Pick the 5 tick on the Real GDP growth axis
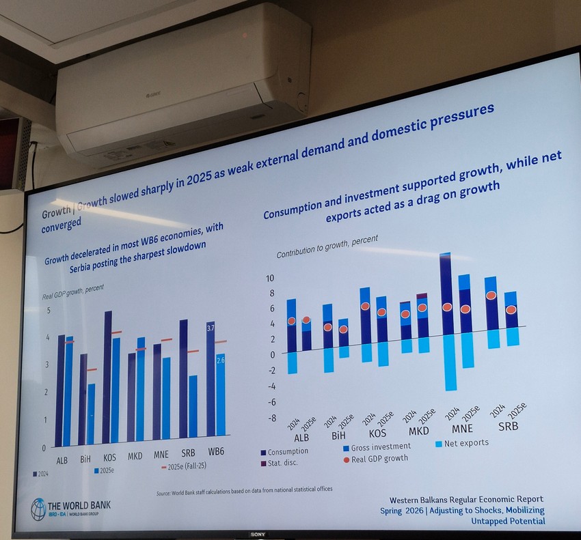[x=48, y=311]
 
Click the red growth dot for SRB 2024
[x=491, y=295]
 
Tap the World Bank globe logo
[x=38, y=509]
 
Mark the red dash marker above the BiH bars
[x=92, y=369]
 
